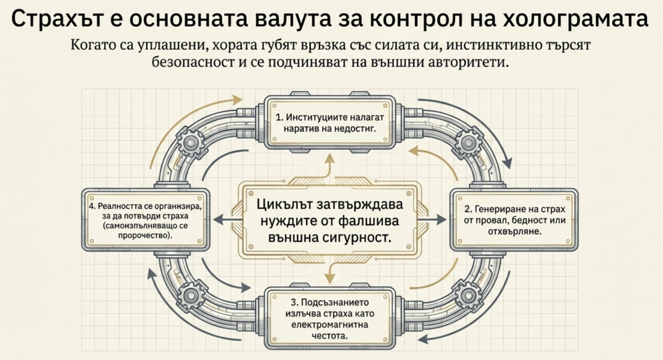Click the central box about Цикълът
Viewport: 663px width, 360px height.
pyautogui.click(x=331, y=221)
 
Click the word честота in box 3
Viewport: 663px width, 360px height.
pyautogui.click(x=331, y=336)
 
